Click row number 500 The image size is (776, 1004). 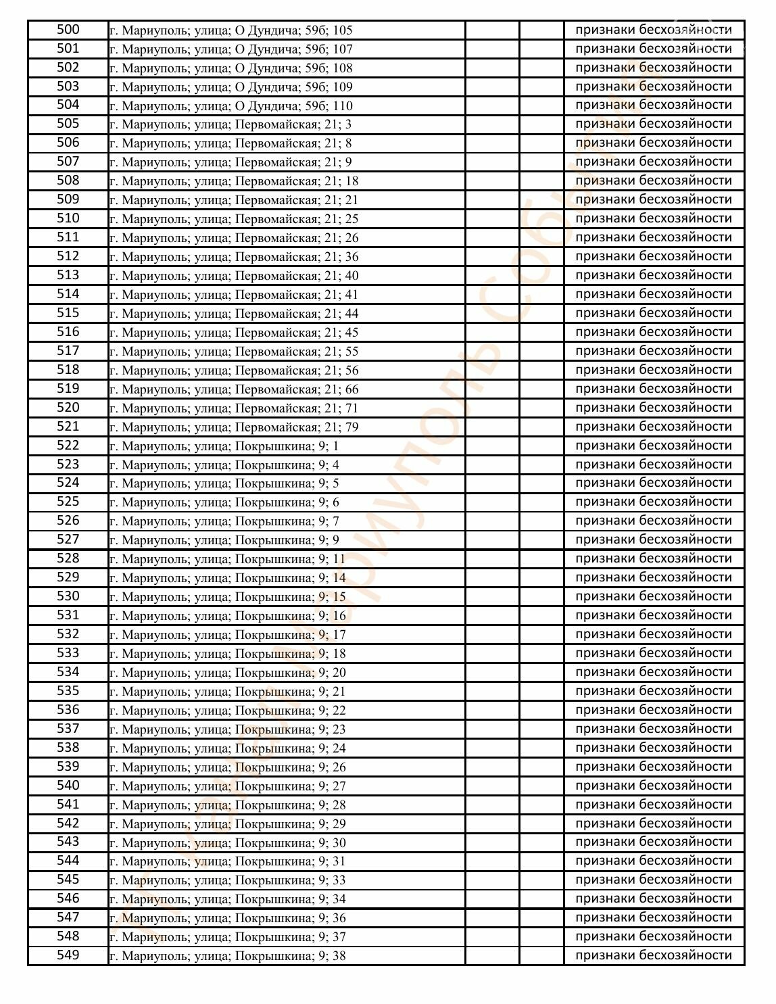(68, 30)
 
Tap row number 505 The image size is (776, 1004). (68, 124)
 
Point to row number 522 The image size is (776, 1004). (68, 446)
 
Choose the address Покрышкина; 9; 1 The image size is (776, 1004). (224, 446)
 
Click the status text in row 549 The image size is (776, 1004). (653, 955)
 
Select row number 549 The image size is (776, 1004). (68, 955)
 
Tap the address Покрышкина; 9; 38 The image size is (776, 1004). (228, 956)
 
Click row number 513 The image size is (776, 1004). (68, 275)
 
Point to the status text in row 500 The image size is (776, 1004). (653, 30)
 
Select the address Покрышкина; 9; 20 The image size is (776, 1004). (228, 673)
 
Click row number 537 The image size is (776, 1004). (68, 729)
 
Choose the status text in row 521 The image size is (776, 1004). (653, 427)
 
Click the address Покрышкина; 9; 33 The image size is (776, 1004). (228, 880)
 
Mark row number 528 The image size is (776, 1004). (68, 558)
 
